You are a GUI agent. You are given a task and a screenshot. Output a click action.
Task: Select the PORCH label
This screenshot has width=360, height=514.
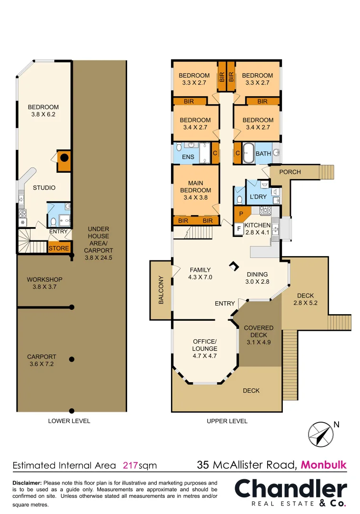tap(290, 172)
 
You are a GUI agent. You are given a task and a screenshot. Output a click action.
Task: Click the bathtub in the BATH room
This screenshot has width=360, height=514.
tap(248, 154)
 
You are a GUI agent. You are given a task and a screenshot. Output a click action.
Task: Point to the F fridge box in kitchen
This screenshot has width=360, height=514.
tap(239, 229)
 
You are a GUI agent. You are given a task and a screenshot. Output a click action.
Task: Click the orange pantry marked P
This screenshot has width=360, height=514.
tap(241, 214)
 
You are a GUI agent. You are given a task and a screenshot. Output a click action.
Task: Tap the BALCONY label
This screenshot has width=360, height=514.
tap(161, 290)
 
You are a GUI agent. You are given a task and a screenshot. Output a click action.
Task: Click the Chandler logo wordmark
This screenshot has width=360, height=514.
tap(290, 489)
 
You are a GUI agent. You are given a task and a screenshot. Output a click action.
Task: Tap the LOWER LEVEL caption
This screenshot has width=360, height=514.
tap(69, 421)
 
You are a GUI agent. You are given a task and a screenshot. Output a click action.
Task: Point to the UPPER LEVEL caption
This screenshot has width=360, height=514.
tap(227, 421)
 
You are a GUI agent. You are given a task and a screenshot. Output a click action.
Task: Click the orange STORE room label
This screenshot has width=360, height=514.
tap(59, 248)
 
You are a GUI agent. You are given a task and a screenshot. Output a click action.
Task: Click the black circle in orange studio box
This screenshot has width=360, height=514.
tap(64, 158)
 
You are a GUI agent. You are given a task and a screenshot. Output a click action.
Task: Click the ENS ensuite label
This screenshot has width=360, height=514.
tap(188, 157)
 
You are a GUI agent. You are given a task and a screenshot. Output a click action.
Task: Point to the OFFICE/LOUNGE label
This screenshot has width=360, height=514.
tap(205, 345)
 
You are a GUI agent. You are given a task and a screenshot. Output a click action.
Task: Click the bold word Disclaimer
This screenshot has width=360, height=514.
tap(27, 483)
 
